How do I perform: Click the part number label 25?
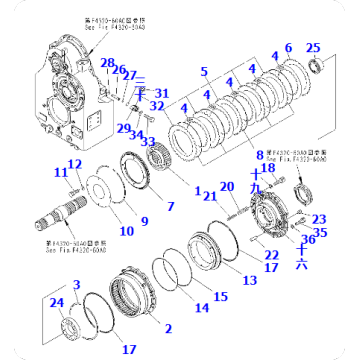click(x=313, y=48)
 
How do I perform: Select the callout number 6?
click(x=288, y=48)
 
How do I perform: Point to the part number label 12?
click(x=75, y=164)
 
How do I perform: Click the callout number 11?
click(x=60, y=173)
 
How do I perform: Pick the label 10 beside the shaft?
click(x=126, y=232)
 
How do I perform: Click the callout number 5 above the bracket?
click(x=204, y=71)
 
